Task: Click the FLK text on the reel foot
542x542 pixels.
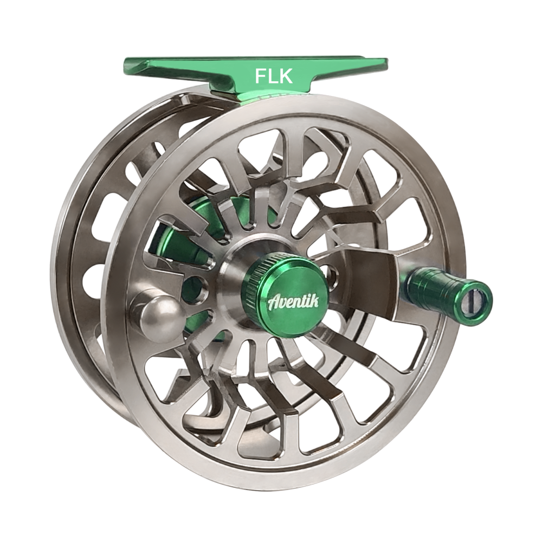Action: [x=274, y=76]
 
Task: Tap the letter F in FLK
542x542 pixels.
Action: [x=261, y=76]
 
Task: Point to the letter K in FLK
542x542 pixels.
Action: [x=287, y=76]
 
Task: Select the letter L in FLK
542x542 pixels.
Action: [x=273, y=76]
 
